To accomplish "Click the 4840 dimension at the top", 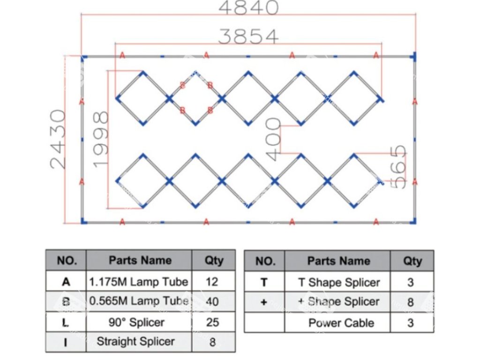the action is (x=249, y=8).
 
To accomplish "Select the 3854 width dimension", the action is (x=249, y=37).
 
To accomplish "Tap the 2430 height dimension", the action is (x=58, y=139).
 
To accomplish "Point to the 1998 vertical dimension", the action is (x=101, y=139).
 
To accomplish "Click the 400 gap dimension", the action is (x=273, y=139).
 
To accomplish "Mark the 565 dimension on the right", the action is (x=398, y=167).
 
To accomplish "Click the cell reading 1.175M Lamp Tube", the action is (x=139, y=282).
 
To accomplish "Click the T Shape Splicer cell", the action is (x=338, y=282).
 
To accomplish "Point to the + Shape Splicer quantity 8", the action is (x=411, y=302).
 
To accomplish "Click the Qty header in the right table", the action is (x=412, y=261).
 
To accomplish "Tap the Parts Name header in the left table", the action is (x=140, y=260).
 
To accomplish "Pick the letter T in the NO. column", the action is (x=264, y=282).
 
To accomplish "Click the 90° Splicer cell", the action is (x=139, y=322).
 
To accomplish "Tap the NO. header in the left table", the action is (x=66, y=260).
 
